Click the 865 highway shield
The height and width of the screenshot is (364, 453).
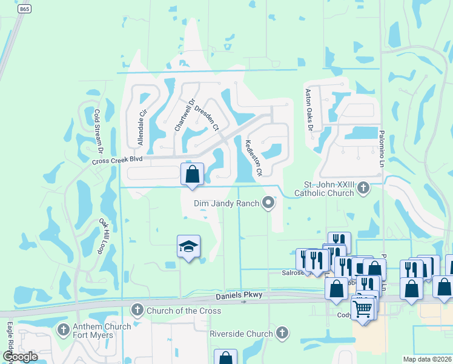point(25,8)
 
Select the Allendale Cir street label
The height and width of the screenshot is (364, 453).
point(143,127)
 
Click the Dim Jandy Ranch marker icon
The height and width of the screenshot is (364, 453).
point(268,204)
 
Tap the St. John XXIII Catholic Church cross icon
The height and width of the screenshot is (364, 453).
point(363,187)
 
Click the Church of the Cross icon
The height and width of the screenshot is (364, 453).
point(137,311)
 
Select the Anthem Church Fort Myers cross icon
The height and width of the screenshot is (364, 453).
point(64,331)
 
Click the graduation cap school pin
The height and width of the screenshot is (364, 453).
point(188,247)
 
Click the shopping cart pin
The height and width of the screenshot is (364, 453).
point(363,308)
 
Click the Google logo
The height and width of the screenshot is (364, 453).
point(20,357)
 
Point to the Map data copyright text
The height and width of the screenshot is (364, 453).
point(427,359)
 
